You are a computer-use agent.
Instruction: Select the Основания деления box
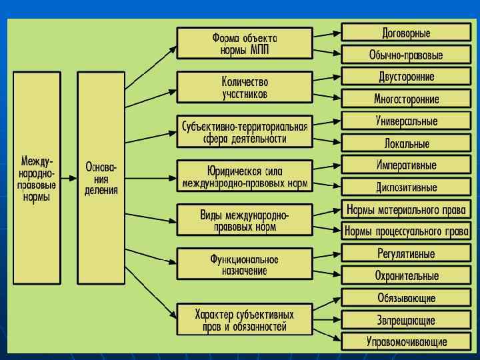click(x=101, y=179)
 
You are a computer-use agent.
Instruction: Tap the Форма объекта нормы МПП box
click(x=244, y=43)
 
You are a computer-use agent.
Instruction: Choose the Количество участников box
click(x=244, y=87)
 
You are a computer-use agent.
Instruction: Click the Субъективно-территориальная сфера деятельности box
click(x=244, y=132)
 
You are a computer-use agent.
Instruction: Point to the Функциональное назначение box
click(x=244, y=264)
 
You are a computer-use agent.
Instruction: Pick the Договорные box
click(x=406, y=33)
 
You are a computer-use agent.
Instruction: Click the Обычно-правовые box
click(x=406, y=55)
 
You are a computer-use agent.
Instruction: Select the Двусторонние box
click(x=406, y=77)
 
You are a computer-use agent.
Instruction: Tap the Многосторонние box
click(x=406, y=99)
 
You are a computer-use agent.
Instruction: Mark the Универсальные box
click(x=406, y=121)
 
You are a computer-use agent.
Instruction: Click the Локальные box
click(x=406, y=143)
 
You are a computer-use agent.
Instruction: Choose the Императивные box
click(x=406, y=165)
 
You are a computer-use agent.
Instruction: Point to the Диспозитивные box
click(x=406, y=187)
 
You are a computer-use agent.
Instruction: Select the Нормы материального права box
click(x=406, y=210)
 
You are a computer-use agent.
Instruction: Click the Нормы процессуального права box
click(x=406, y=232)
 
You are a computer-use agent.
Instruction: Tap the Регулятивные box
click(x=406, y=254)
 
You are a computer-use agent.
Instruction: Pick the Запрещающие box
click(x=406, y=320)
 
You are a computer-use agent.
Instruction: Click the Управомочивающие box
click(x=406, y=342)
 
